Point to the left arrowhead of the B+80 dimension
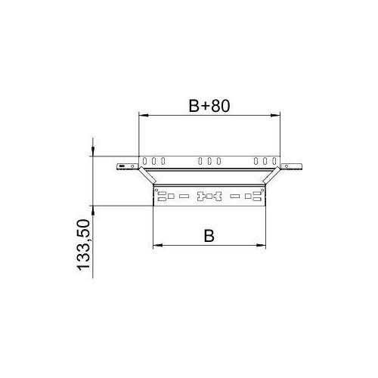click(142, 116)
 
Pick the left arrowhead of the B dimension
click(157, 246)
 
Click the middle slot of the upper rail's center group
click(209, 161)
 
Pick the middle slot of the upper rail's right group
click(265, 161)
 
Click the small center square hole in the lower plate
click(209, 197)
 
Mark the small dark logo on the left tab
click(120, 165)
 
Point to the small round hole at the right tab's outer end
click(298, 165)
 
